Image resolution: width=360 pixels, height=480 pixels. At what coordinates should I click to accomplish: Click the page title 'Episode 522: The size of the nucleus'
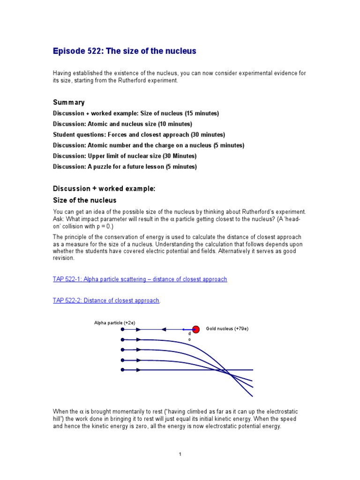tap(124, 51)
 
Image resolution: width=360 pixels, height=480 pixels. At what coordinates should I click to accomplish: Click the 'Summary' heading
tap(68, 102)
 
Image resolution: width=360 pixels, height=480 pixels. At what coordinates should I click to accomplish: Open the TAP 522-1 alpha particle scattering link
tap(140, 279)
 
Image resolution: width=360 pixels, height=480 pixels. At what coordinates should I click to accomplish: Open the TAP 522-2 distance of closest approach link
tap(106, 300)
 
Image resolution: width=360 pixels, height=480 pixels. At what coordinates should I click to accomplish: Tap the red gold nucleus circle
tap(196, 330)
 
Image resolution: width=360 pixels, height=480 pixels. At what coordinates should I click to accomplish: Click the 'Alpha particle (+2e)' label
tap(114, 322)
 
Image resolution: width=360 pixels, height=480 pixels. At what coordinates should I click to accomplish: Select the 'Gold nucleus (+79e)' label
tap(227, 329)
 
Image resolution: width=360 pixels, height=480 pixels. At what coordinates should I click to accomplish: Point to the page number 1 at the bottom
tap(180, 454)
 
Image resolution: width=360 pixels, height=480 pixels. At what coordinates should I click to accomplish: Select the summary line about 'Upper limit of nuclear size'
tap(124, 156)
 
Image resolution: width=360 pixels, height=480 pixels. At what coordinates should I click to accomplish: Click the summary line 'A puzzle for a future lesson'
tap(124, 166)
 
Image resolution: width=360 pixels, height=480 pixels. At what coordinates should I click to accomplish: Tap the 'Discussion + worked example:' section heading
tap(104, 188)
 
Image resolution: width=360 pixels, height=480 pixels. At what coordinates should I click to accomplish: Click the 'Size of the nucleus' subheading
tap(84, 200)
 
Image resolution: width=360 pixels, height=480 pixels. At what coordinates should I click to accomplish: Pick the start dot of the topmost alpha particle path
tap(123, 330)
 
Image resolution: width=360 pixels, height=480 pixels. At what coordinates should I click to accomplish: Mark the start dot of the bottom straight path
tap(123, 370)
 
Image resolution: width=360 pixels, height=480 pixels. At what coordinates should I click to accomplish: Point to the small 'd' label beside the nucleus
tap(189, 334)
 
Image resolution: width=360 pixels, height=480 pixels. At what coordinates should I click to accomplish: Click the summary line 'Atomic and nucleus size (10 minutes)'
tap(122, 124)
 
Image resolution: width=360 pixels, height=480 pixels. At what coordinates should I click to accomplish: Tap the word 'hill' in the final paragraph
tap(58, 419)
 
